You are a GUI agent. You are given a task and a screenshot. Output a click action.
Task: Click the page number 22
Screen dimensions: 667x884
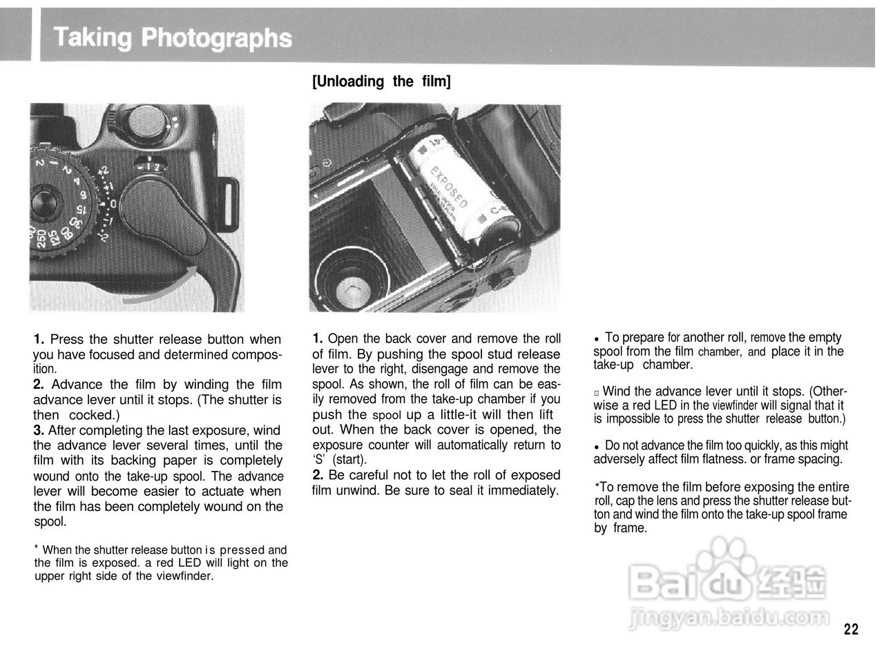(x=851, y=629)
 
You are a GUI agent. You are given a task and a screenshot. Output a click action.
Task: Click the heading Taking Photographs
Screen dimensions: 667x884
(x=173, y=37)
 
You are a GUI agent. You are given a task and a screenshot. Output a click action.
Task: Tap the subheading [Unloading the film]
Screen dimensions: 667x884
(x=381, y=81)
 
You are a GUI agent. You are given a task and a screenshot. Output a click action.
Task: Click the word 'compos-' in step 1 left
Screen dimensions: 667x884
(x=258, y=355)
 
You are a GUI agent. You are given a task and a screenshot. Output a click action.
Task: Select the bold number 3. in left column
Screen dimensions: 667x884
(x=39, y=430)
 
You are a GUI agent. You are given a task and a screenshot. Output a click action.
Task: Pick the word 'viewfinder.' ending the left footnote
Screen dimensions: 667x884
(x=185, y=575)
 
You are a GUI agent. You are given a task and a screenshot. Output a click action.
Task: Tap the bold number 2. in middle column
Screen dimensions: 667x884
(x=318, y=475)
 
